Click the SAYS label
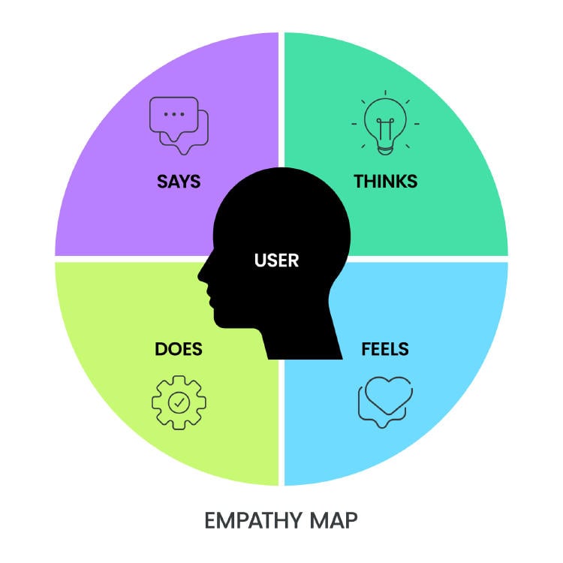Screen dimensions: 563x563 point(179,182)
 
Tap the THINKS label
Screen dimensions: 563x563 point(385,182)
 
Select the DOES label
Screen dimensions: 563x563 point(179,349)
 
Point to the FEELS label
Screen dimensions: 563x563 point(385,349)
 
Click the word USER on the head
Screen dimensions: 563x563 point(276,261)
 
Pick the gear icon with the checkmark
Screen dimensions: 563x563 point(179,403)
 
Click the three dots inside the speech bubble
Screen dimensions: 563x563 point(174,114)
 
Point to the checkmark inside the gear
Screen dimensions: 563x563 point(179,403)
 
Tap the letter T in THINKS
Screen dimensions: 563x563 point(359,182)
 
